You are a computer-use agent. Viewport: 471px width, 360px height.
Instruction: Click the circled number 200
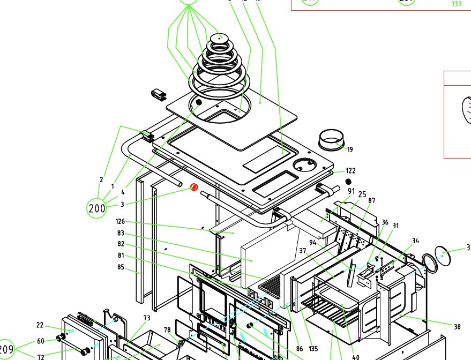(x=97, y=208)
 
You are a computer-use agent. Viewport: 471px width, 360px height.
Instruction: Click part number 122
(x=350, y=171)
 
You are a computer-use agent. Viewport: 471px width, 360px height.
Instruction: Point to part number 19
(x=350, y=149)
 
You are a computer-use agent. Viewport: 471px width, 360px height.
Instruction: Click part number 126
(x=120, y=221)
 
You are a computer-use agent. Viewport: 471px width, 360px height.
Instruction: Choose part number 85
(x=121, y=267)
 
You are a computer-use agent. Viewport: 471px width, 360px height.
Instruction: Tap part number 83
(x=121, y=233)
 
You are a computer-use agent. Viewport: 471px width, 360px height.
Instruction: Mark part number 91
(x=352, y=191)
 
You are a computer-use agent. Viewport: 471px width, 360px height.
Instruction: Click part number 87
(x=371, y=200)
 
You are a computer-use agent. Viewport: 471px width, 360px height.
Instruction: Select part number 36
(x=385, y=222)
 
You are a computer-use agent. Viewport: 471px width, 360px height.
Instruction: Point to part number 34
(x=416, y=241)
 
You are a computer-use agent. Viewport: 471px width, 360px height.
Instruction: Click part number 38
(x=457, y=326)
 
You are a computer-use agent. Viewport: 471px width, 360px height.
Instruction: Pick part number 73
(x=146, y=318)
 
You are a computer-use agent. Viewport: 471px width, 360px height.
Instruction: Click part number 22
(x=40, y=325)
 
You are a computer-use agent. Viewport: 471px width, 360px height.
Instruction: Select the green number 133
(x=457, y=4)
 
